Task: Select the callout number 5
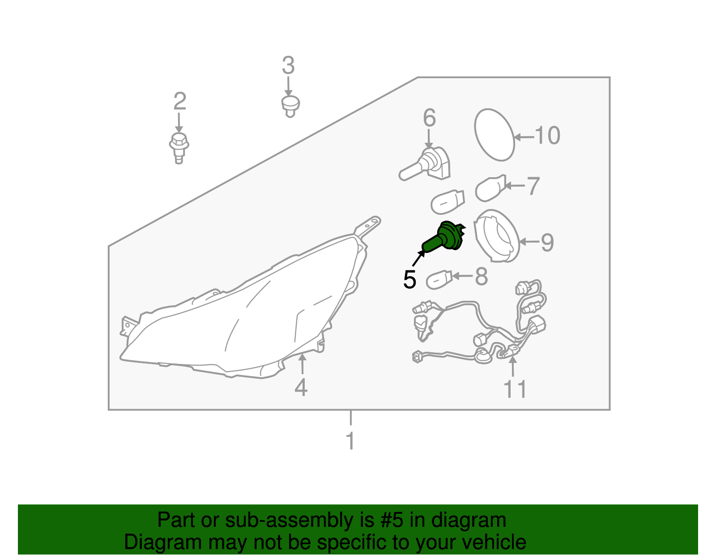tap(409, 280)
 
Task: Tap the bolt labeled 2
tap(179, 148)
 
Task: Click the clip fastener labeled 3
tap(290, 107)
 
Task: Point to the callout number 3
tap(288, 65)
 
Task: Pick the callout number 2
tap(180, 101)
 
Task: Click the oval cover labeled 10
tap(494, 135)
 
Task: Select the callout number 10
tap(547, 135)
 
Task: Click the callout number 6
tap(429, 118)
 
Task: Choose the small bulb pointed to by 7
tap(490, 188)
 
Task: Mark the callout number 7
tap(533, 185)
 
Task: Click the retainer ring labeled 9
tap(497, 236)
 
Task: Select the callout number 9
tap(547, 243)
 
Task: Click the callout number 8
tap(481, 276)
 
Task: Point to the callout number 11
tap(516, 389)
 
